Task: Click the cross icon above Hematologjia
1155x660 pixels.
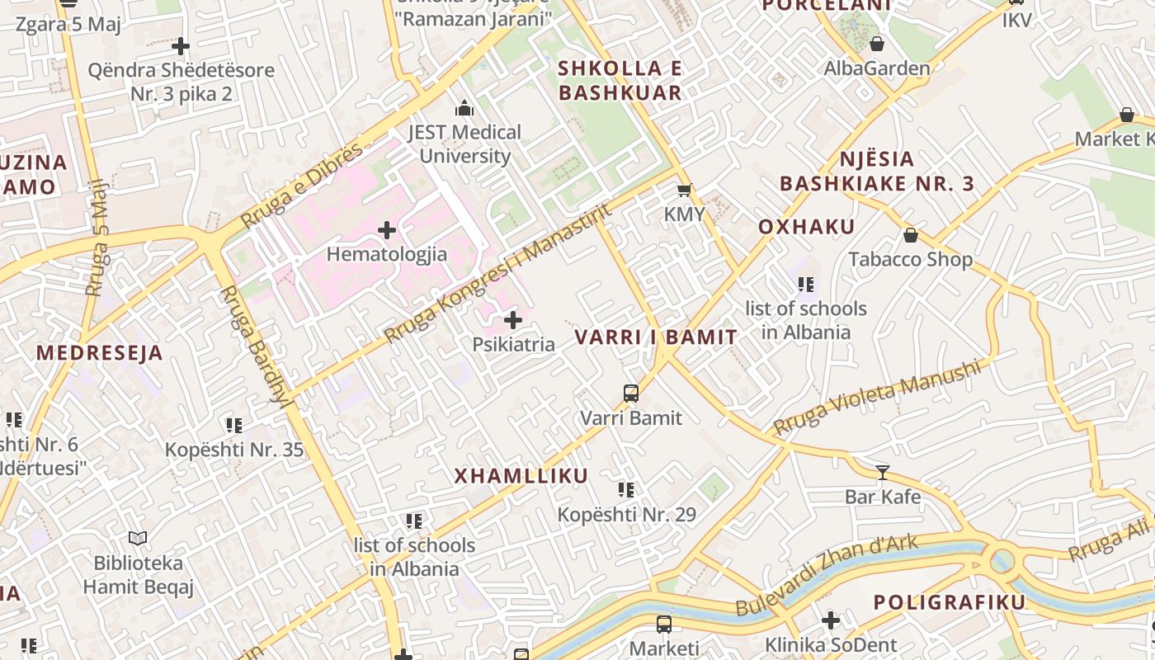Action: point(387,230)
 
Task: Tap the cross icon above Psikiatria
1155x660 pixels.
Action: point(513,320)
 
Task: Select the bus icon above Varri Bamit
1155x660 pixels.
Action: point(631,394)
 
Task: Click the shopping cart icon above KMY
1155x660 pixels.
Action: point(684,191)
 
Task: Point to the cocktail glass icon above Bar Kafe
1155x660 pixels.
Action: point(883,473)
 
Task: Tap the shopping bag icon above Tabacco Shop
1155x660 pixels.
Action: point(911,236)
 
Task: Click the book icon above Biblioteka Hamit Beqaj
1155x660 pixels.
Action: point(138,539)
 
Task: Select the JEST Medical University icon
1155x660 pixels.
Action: point(464,108)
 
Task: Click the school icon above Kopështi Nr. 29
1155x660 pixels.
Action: point(626,490)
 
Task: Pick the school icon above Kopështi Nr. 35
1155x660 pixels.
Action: point(234,426)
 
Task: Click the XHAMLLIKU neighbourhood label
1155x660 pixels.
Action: point(521,476)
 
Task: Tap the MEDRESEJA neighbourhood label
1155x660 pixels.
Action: point(100,353)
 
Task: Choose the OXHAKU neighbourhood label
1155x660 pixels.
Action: point(806,227)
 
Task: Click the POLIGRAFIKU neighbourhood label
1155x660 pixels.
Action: point(950,602)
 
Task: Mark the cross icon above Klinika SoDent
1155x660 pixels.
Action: point(831,620)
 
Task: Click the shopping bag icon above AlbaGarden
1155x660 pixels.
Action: point(877,44)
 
